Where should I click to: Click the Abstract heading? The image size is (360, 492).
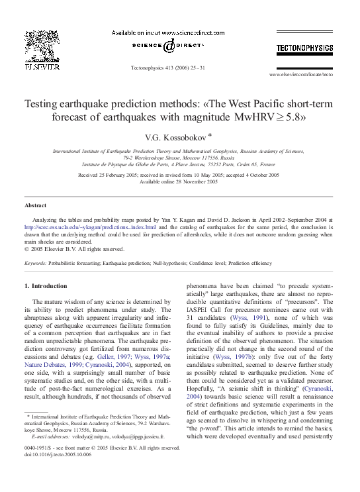coord(36,205)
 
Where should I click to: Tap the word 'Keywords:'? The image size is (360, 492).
coord(35,263)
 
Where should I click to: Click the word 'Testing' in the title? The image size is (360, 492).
coord(43,104)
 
